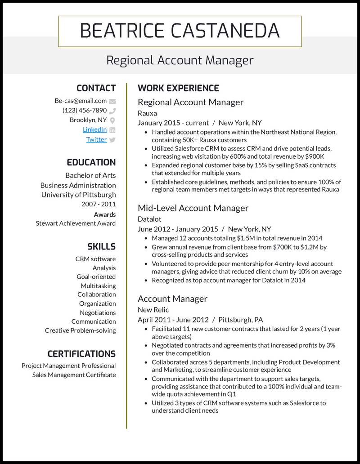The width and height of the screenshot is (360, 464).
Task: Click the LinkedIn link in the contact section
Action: coord(94,129)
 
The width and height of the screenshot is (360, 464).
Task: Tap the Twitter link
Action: coord(96,139)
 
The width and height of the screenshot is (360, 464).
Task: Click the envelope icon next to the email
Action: coord(112,101)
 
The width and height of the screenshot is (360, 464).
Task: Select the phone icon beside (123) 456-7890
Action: coord(112,111)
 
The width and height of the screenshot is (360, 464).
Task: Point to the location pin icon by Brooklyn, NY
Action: coord(112,120)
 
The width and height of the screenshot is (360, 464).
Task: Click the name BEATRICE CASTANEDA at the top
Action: coord(180,31)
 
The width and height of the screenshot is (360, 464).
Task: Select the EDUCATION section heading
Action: coord(91,162)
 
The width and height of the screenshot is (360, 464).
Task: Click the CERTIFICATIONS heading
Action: coord(81,354)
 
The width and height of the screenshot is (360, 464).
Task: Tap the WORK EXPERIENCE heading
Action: coord(178,88)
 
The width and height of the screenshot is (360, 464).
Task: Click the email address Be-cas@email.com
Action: coord(81,101)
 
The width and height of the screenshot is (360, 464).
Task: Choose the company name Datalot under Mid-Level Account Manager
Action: coord(149,219)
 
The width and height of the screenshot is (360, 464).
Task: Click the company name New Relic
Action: coord(153,310)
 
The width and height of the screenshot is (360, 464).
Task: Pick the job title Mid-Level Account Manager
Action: coord(193,208)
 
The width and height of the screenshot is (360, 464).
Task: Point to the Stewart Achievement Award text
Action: coord(76,223)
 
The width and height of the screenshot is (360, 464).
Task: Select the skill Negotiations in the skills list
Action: coord(98,312)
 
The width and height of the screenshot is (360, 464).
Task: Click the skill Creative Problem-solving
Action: coord(80,330)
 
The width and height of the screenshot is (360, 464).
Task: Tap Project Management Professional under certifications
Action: coord(68,366)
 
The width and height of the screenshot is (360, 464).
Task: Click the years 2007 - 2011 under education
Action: coord(99,204)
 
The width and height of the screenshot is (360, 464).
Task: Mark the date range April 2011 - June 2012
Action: coord(173,320)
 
